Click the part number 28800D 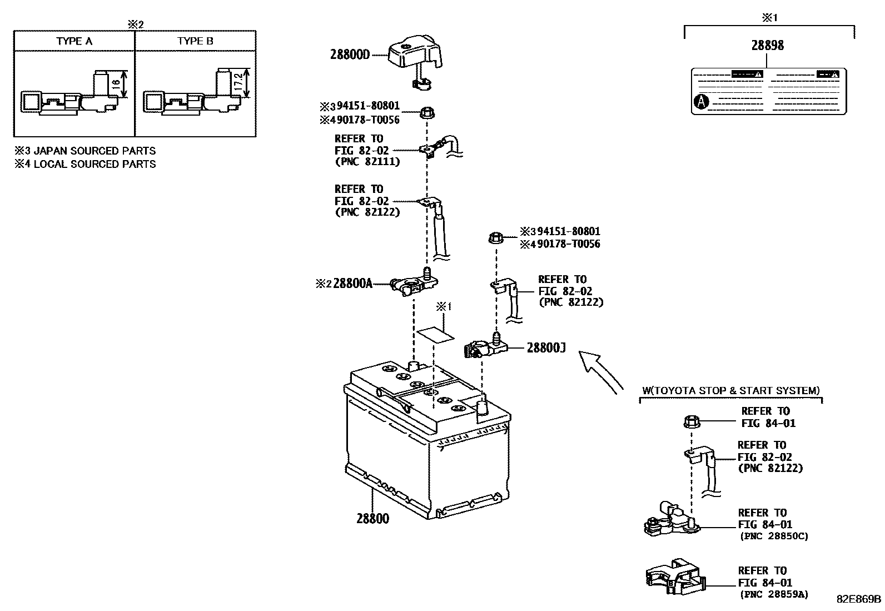pos(350,54)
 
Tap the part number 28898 pos(767,46)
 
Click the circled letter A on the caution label pos(702,102)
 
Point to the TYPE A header pos(74,41)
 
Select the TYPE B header pos(195,41)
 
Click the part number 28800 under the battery pos(372,519)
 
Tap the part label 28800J pos(546,348)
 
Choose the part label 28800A pos(352,284)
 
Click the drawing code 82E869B pos(859,599)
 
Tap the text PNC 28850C pos(774,537)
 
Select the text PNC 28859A pos(774,594)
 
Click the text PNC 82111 pos(367,162)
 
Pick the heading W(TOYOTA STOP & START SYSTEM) pos(730,391)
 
